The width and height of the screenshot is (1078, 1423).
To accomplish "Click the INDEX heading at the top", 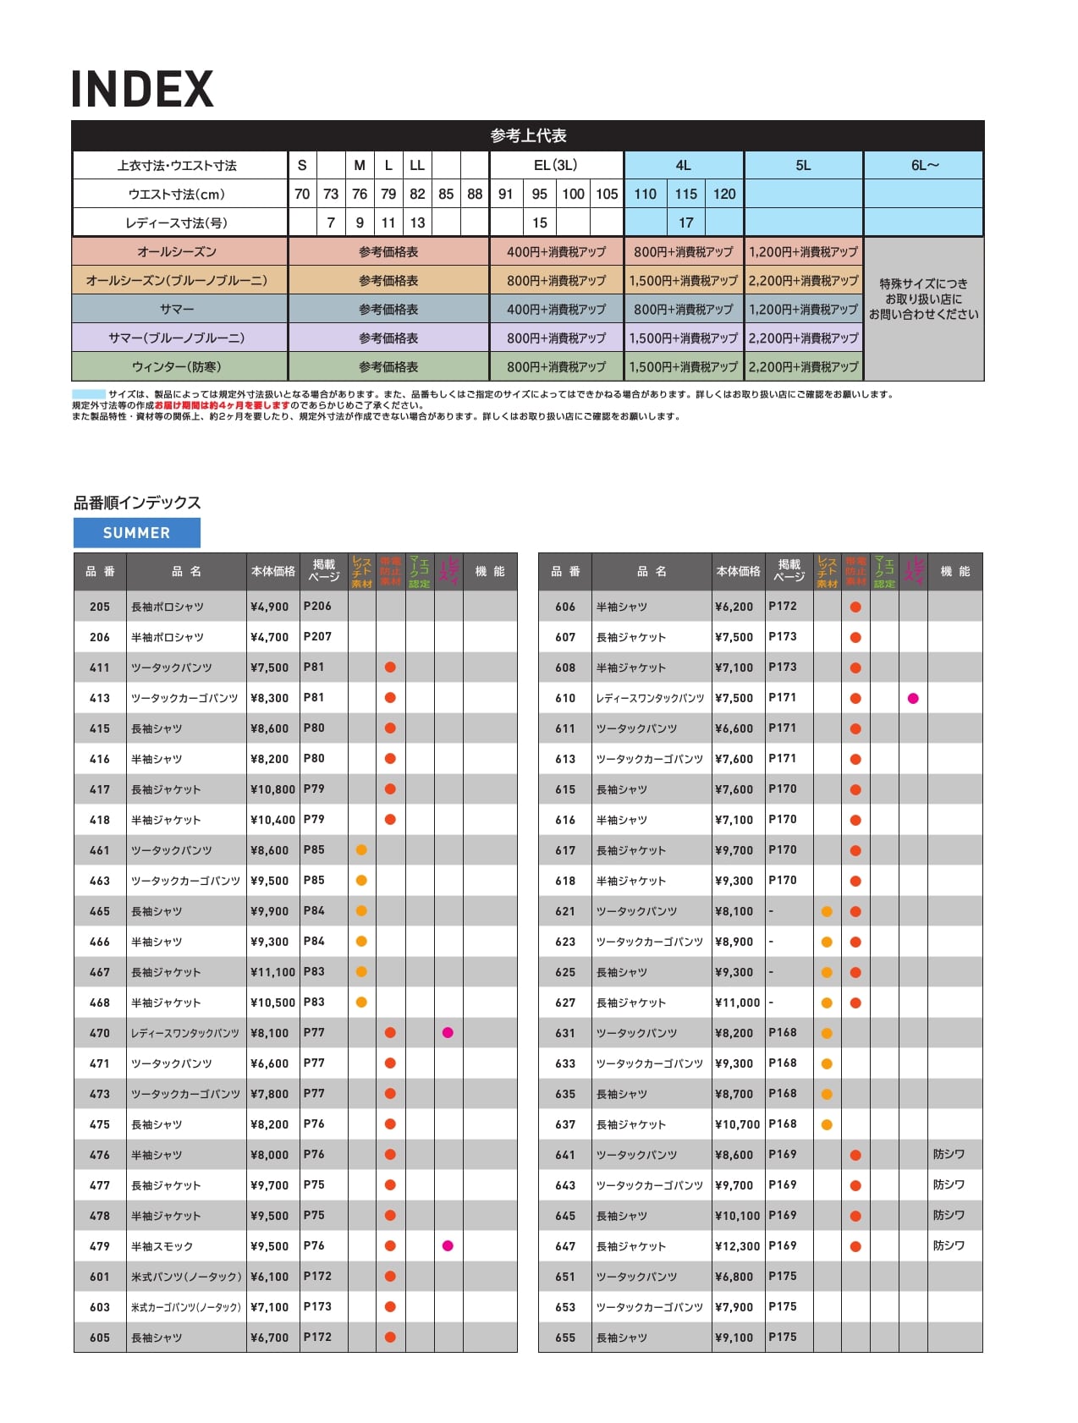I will (x=142, y=90).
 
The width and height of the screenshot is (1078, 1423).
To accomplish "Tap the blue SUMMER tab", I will (x=137, y=533).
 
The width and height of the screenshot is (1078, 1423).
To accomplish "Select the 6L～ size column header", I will (x=924, y=166).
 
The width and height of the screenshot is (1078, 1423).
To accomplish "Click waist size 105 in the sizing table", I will (x=607, y=195).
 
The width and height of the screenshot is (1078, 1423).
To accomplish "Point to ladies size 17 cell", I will (x=685, y=223).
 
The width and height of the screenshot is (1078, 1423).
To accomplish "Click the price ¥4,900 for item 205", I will (x=270, y=607).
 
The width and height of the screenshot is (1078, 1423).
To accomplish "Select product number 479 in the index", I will (x=100, y=1247).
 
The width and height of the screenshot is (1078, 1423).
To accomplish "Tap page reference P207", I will (x=318, y=637).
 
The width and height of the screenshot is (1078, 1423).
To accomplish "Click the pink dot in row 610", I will (x=913, y=699).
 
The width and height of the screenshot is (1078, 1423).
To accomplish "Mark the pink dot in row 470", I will (x=448, y=1033).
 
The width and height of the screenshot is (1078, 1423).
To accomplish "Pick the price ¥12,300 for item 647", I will (x=737, y=1247).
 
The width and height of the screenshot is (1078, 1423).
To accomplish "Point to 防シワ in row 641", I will (x=949, y=1155).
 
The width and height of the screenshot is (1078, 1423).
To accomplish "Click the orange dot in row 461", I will (x=361, y=850).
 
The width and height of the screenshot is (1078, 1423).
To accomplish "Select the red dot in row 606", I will (x=855, y=607).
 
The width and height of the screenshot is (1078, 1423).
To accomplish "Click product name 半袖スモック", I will (x=162, y=1247).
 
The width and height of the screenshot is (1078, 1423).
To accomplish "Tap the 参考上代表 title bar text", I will (x=528, y=136).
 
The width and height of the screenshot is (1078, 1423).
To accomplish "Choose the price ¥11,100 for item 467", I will (x=272, y=973).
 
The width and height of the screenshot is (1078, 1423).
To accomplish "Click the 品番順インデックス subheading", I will (x=137, y=503).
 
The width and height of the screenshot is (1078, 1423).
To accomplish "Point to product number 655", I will (x=565, y=1338).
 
